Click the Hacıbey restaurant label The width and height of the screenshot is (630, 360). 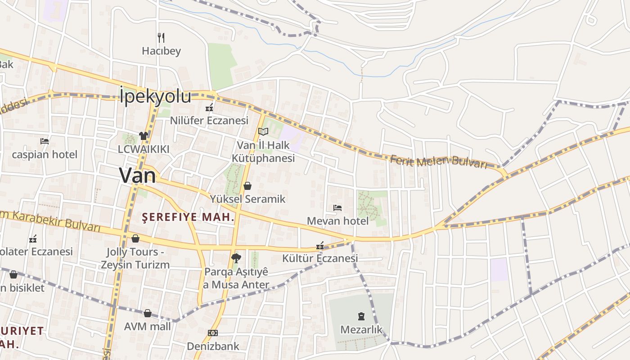pyautogui.click(x=161, y=51)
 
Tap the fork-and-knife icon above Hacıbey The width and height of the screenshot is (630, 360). pyautogui.click(x=161, y=37)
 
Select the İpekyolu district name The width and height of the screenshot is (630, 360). pyautogui.click(x=156, y=97)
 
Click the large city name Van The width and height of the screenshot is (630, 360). pyautogui.click(x=137, y=175)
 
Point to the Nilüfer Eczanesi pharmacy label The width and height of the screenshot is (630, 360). pyautogui.click(x=209, y=121)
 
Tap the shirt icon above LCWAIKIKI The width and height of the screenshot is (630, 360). pyautogui.click(x=143, y=135)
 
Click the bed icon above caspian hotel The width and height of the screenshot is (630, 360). pyautogui.click(x=45, y=141)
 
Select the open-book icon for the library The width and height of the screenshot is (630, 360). pyautogui.click(x=263, y=131)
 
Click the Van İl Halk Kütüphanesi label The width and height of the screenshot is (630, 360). pyautogui.click(x=263, y=152)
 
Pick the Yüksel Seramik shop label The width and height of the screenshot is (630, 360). pyautogui.click(x=247, y=199)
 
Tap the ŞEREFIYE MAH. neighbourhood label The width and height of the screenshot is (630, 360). pyautogui.click(x=189, y=217)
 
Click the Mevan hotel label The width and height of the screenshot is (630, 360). pyautogui.click(x=337, y=221)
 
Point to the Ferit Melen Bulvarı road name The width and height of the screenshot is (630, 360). pyautogui.click(x=438, y=161)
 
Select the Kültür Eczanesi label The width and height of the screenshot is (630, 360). pyautogui.click(x=320, y=258)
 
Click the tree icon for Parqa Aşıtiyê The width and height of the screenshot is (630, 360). pyautogui.click(x=235, y=258)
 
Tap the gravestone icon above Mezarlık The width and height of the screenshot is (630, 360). pyautogui.click(x=361, y=316)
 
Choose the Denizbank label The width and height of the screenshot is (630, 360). pyautogui.click(x=213, y=346)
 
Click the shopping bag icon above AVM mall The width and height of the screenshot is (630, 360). pyautogui.click(x=148, y=313)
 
